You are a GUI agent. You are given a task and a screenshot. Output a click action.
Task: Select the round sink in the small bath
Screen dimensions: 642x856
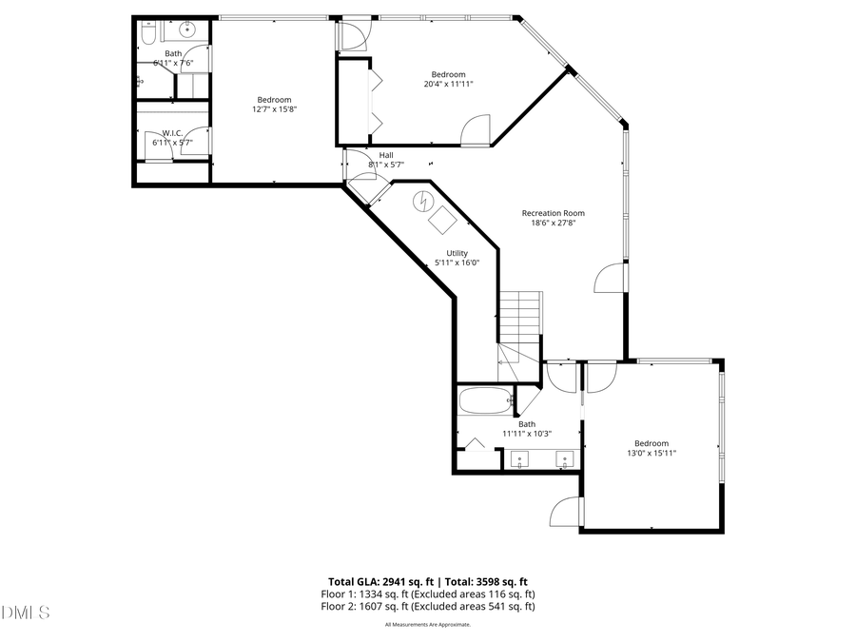(187, 29)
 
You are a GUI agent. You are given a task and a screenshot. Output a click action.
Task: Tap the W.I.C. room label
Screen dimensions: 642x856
(172, 133)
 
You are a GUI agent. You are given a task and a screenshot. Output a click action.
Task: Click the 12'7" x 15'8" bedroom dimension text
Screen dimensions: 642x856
(274, 110)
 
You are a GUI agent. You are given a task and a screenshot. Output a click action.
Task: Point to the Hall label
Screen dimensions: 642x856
(386, 154)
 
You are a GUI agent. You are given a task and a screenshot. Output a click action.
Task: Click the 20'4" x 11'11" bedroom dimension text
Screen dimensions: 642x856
(449, 85)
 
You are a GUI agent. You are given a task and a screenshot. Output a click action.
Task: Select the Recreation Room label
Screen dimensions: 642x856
(553, 213)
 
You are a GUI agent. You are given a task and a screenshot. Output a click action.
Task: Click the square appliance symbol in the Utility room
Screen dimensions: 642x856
(442, 220)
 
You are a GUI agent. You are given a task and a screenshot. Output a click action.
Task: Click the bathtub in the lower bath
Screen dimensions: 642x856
(484, 399)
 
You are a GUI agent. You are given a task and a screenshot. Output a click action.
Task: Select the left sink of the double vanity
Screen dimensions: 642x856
(520, 460)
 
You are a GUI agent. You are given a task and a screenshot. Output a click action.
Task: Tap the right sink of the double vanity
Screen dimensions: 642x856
(563, 460)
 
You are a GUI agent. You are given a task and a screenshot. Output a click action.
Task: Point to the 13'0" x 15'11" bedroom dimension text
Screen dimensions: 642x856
(652, 454)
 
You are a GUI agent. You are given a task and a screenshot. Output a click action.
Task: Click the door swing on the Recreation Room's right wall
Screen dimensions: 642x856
(609, 279)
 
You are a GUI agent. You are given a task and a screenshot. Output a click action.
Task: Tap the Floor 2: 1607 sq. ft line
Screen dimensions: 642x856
(427, 606)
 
